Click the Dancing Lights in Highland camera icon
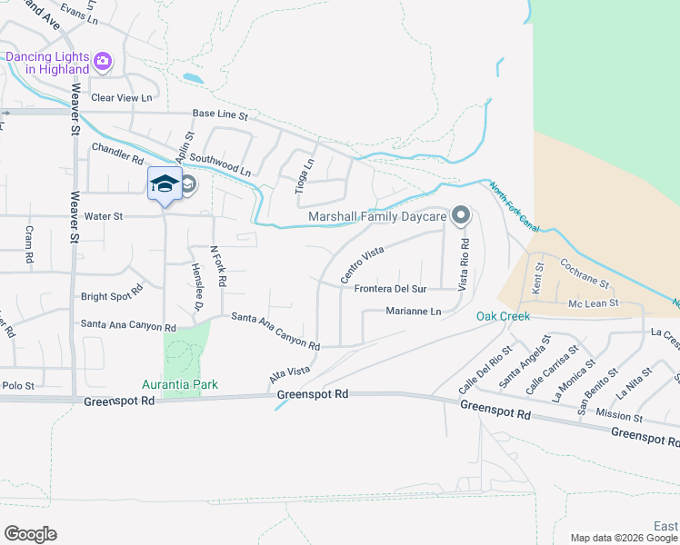click(102, 61)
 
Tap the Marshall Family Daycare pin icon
click(461, 216)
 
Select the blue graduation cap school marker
click(165, 184)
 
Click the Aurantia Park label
click(180, 384)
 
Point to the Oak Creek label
click(503, 316)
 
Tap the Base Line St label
click(220, 114)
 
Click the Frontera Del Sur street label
click(390, 289)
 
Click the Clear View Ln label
click(121, 98)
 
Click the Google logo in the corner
click(30, 534)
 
